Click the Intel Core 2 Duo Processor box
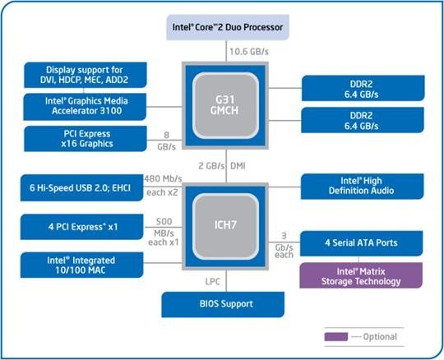[x=228, y=27]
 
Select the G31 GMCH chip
[x=225, y=105]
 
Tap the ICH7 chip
[x=225, y=226]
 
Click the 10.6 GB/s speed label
[x=249, y=52]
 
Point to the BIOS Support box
[x=223, y=304]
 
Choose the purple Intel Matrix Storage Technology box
[x=361, y=275]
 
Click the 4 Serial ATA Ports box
[x=361, y=243]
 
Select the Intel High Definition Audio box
[x=362, y=187]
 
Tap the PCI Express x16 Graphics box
[x=86, y=139]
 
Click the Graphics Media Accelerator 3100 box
[x=85, y=107]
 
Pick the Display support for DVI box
[x=86, y=75]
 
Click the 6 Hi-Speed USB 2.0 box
[x=82, y=187]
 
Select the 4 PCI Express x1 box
[x=82, y=227]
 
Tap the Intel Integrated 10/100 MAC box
[x=82, y=265]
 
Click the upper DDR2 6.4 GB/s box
[x=363, y=88]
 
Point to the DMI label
[x=238, y=166]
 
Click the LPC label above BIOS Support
[x=212, y=282]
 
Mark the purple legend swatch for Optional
[x=336, y=337]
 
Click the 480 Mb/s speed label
[x=163, y=179]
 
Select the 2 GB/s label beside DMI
[x=211, y=166]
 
